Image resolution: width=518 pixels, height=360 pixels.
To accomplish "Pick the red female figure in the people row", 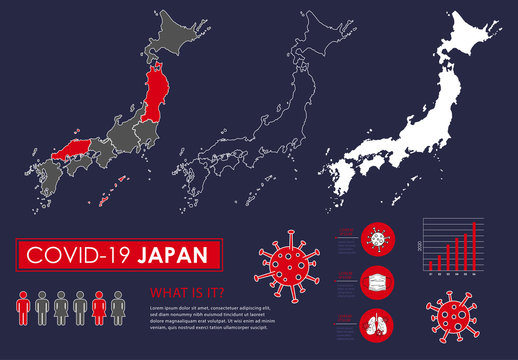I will pyautogui.click(x=99, y=308).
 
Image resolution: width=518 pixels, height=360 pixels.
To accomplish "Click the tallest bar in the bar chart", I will pyautogui.click(x=473, y=246).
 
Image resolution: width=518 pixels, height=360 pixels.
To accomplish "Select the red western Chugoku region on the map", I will pyautogui.click(x=75, y=151).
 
